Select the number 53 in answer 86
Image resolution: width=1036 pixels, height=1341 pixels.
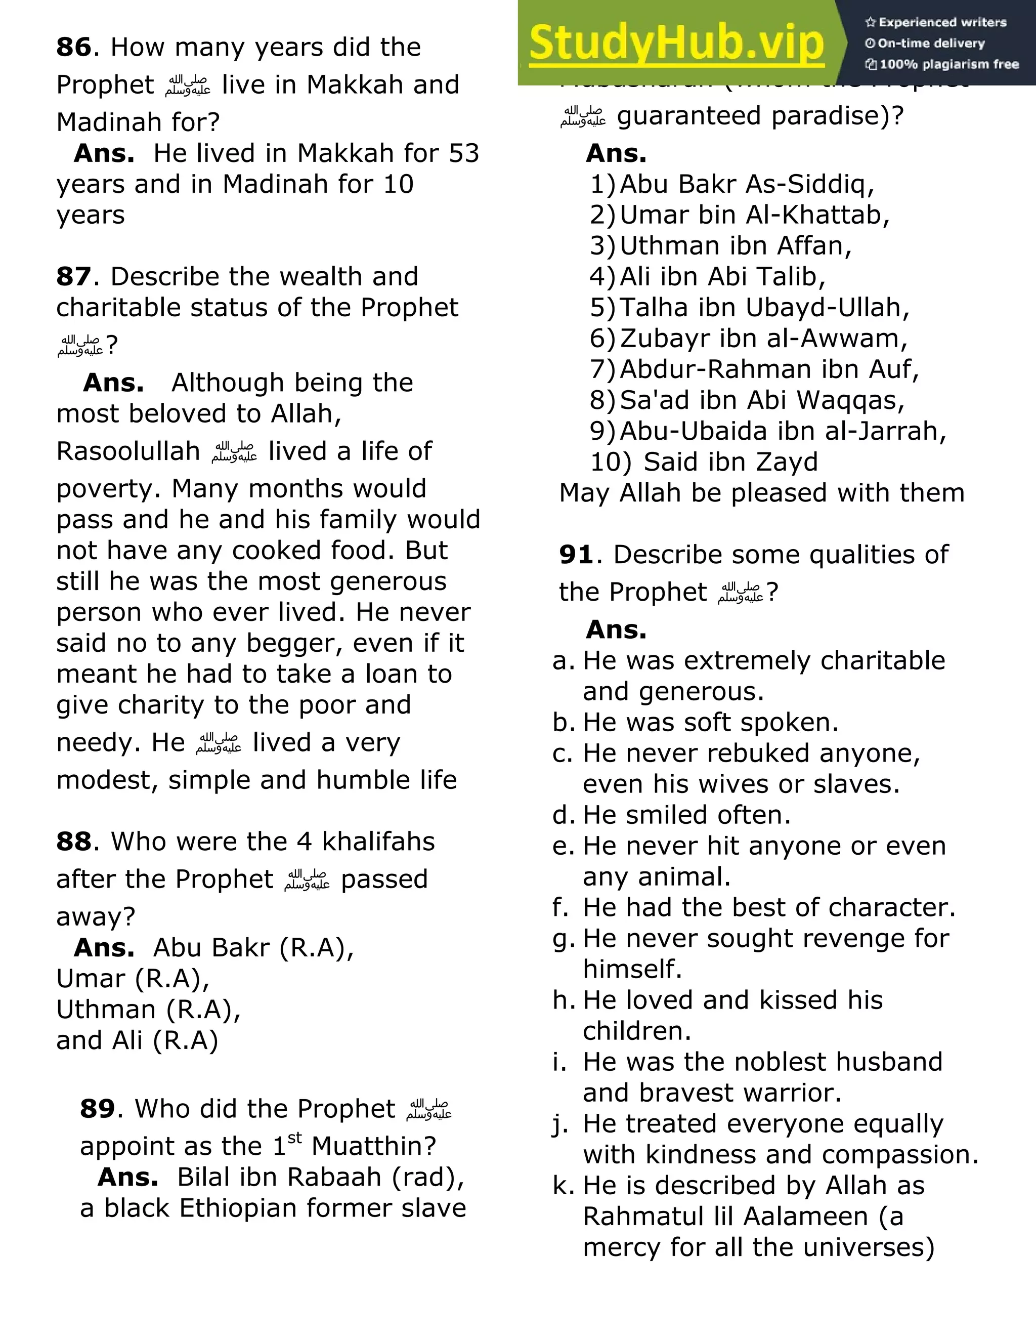pos(463,153)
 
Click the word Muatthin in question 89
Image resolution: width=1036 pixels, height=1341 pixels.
pos(373,1146)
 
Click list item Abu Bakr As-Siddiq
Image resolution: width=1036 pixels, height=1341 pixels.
pos(746,184)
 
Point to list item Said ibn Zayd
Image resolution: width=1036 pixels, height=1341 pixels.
pos(730,462)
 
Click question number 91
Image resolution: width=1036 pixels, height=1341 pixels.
pos(576,555)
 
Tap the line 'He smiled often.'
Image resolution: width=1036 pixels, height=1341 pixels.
pos(686,815)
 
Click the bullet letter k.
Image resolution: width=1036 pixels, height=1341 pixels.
pos(562,1186)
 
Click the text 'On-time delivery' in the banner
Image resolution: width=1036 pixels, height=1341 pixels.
pos(930,44)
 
